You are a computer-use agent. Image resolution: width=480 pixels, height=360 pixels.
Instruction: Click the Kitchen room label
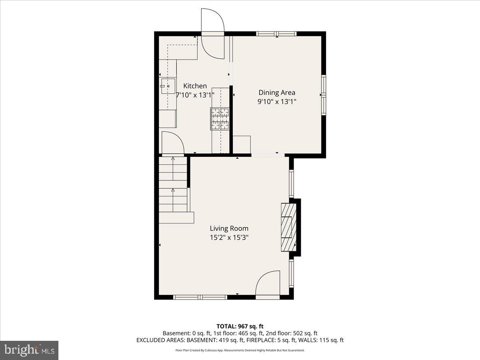(x=195, y=86)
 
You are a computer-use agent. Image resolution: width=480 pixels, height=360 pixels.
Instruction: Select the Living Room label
(x=229, y=228)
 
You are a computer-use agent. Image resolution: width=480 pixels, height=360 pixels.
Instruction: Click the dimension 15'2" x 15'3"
(x=229, y=237)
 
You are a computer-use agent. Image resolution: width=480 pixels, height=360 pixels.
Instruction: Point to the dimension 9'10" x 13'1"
(x=277, y=102)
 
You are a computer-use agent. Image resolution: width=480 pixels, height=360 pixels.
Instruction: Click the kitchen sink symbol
(x=168, y=86)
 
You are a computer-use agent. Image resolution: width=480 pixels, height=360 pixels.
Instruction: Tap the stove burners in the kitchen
(x=220, y=118)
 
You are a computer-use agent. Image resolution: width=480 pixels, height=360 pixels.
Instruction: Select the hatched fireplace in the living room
(x=288, y=227)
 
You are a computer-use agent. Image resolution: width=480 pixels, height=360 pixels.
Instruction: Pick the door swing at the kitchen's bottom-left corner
(x=172, y=143)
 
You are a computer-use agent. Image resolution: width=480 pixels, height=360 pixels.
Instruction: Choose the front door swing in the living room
(x=268, y=285)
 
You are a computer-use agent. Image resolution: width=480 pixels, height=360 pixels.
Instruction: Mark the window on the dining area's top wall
(x=276, y=34)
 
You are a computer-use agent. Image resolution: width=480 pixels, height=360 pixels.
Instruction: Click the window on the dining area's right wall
(x=324, y=95)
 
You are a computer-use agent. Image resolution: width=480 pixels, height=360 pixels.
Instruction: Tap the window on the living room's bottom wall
(x=200, y=297)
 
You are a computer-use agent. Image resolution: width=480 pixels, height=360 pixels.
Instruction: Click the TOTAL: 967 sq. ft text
(x=240, y=326)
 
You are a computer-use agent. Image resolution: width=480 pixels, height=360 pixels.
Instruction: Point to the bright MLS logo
(x=29, y=350)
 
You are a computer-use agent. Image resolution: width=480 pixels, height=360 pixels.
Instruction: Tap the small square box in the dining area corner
(x=242, y=144)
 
